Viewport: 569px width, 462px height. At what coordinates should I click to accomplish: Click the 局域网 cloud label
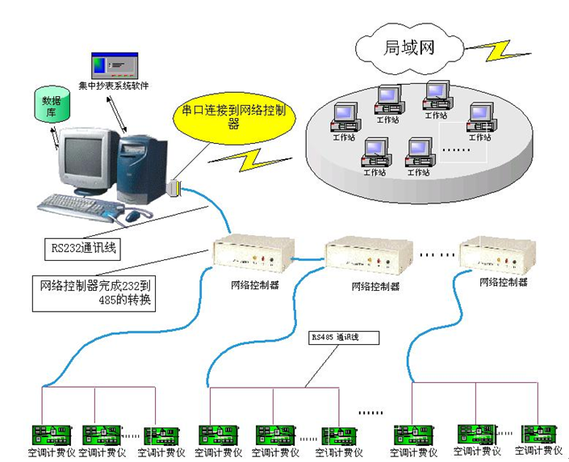pyautogui.click(x=408, y=47)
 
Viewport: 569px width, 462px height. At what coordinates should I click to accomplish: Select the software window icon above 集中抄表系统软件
pyautogui.click(x=114, y=65)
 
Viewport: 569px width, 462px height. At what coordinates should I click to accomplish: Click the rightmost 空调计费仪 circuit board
pyautogui.click(x=538, y=433)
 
